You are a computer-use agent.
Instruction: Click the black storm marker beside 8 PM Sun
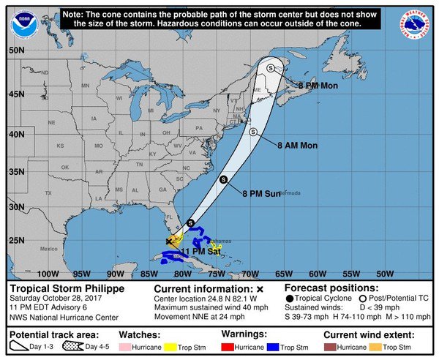pyautogui.click(x=224, y=179)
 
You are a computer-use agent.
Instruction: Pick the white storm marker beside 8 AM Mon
pyautogui.click(x=253, y=132)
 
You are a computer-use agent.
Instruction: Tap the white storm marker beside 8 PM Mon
pyautogui.click(x=271, y=67)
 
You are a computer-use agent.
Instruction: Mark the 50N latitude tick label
pyautogui.click(x=18, y=50)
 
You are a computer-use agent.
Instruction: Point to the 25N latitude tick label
pyautogui.click(x=18, y=240)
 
